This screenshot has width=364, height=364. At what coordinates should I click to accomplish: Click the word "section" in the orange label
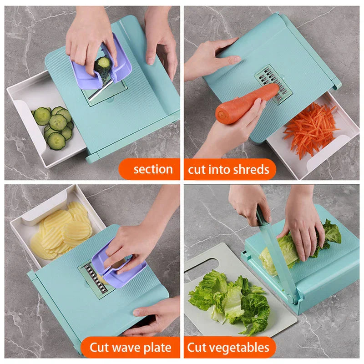click(153, 169)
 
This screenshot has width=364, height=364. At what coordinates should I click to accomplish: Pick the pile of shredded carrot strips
click(310, 130)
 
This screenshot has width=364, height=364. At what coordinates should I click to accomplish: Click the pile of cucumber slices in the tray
click(53, 126)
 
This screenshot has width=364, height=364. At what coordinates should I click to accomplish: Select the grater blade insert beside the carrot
click(274, 84)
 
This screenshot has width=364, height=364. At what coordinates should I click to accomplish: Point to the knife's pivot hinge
click(292, 299)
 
